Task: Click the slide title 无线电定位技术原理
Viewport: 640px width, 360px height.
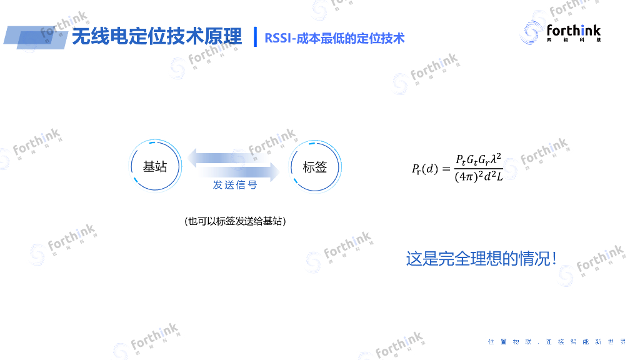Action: click(x=156, y=37)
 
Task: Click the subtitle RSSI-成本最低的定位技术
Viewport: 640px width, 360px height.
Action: click(x=334, y=38)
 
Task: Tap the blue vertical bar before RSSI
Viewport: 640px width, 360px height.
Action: click(x=255, y=37)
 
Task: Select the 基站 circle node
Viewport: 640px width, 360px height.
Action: click(x=155, y=167)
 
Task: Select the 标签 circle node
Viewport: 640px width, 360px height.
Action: click(x=315, y=167)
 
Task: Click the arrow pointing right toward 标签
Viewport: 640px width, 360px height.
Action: click(x=237, y=172)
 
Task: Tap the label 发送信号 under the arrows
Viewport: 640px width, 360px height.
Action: click(x=235, y=186)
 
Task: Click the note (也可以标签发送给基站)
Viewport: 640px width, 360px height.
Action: click(x=235, y=221)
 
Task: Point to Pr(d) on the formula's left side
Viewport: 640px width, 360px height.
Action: click(x=425, y=169)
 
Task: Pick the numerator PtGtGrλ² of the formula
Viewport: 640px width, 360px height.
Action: click(x=478, y=159)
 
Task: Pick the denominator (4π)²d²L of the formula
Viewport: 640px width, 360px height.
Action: click(x=478, y=177)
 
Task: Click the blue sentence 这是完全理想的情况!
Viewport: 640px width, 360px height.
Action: click(x=481, y=258)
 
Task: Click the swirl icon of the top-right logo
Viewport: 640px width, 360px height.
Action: click(x=531, y=32)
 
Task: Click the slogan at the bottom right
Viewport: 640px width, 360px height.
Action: click(x=556, y=342)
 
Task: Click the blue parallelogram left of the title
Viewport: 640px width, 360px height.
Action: click(x=34, y=37)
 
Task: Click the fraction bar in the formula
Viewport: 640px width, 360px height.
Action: click(x=478, y=169)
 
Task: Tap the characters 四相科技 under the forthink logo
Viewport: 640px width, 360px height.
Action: click(x=573, y=41)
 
